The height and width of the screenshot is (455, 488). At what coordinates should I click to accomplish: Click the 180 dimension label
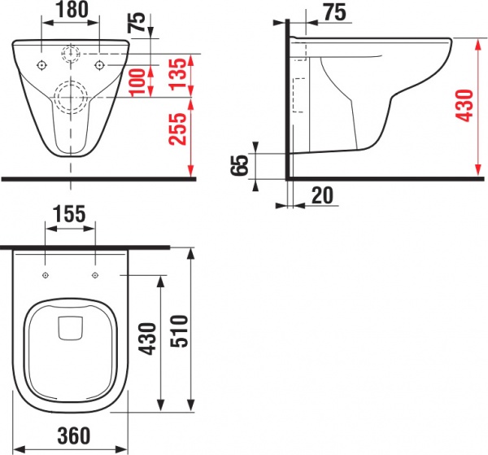tap(72, 10)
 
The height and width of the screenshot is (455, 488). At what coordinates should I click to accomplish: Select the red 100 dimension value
tap(137, 81)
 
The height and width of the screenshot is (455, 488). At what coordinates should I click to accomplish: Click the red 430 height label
tap(464, 105)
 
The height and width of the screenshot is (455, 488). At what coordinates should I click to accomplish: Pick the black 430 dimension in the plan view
tap(147, 339)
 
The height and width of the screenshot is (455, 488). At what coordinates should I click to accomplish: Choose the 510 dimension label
tap(180, 331)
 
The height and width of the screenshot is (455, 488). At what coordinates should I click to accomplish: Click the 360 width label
tap(74, 435)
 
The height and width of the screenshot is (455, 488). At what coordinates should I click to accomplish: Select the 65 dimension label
tap(240, 165)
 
